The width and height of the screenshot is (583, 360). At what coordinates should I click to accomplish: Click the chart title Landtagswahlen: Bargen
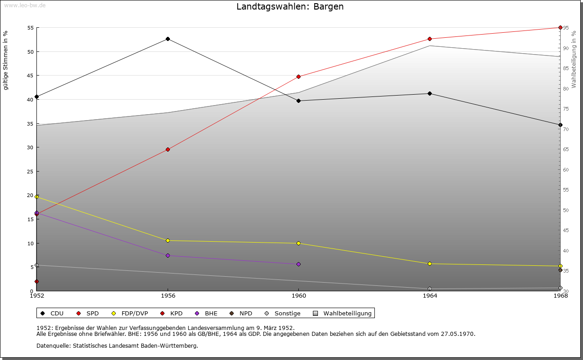[x=290, y=7]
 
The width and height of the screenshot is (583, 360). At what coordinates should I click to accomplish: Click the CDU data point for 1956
[x=168, y=39]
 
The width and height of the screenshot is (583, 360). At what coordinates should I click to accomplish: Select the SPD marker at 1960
[x=299, y=76]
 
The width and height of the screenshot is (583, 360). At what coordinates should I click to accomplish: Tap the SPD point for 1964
[x=430, y=39]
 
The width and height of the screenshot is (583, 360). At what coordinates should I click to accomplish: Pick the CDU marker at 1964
[x=430, y=93]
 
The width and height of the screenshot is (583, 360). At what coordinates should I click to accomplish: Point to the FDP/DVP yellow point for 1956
[x=168, y=240]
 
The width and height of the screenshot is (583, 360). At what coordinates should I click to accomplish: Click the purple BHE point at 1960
[x=299, y=264]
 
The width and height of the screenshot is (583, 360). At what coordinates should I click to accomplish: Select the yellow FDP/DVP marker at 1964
[x=430, y=264]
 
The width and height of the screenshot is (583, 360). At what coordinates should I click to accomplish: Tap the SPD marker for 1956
[x=168, y=149]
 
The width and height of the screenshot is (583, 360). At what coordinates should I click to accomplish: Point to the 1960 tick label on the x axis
[x=299, y=296]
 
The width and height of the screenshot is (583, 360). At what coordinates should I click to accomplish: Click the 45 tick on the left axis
[x=31, y=76]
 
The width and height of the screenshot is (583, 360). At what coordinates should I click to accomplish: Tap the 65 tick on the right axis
[x=566, y=149]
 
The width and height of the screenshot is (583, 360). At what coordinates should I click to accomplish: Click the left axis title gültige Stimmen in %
[x=6, y=61]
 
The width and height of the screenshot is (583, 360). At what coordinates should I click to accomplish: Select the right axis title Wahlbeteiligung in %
[x=574, y=59]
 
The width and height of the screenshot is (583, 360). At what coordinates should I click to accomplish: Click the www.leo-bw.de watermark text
[x=25, y=5]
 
